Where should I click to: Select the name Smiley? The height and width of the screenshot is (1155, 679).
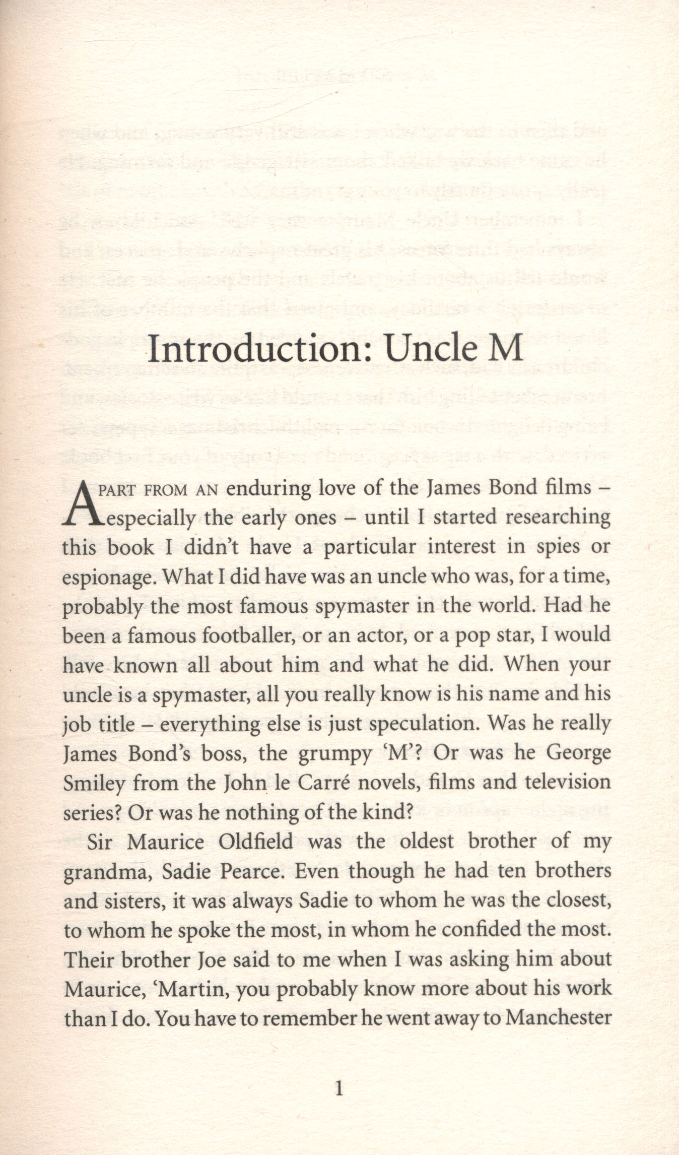(94, 784)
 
